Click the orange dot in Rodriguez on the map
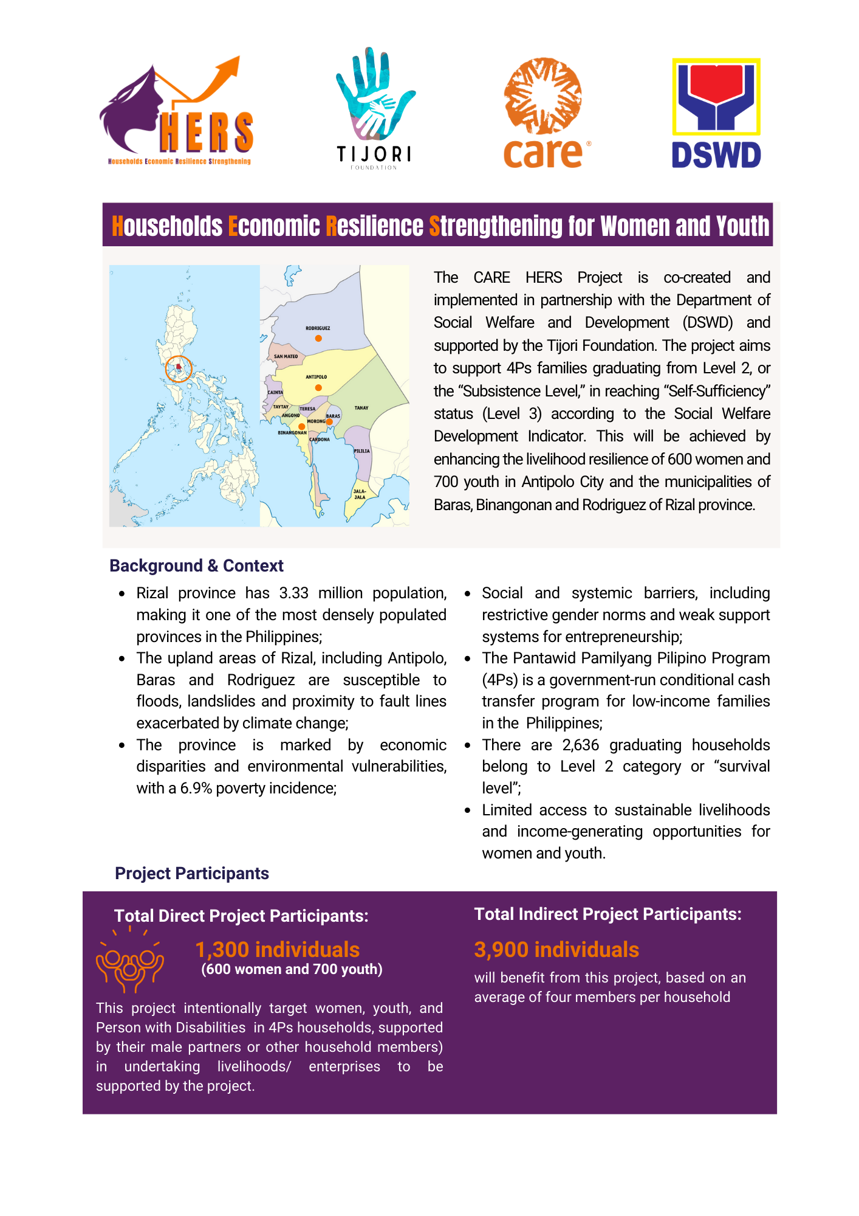pos(318,339)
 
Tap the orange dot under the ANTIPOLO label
pos(318,388)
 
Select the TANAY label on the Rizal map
pos(361,408)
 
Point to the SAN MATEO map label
pos(286,356)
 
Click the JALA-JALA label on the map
pos(360,494)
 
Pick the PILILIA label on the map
pos(362,451)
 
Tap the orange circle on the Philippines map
pos(179,368)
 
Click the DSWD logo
pos(716,113)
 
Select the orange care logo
pos(544,113)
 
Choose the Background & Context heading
pos(196,566)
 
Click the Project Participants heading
pos(192,874)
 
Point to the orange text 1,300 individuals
pos(277,950)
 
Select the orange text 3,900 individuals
pos(556,950)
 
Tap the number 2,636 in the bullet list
pos(581,745)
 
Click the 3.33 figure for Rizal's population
pos(294,593)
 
